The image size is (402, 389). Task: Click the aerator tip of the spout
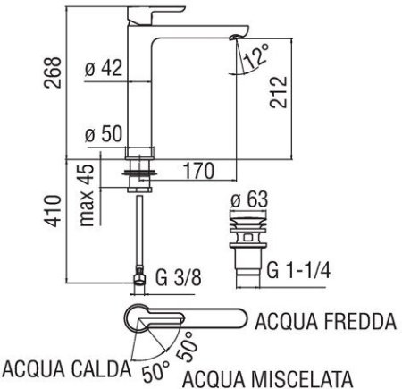[234, 37]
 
